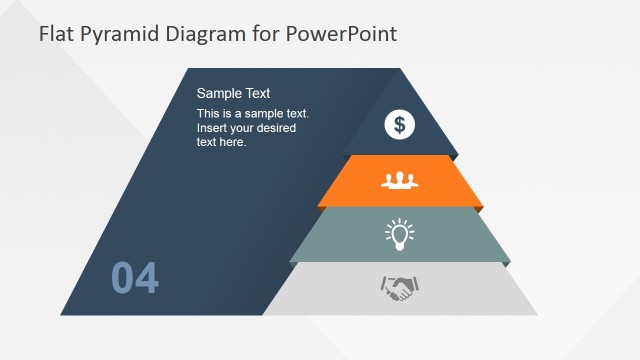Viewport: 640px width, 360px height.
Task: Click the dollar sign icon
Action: (x=400, y=125)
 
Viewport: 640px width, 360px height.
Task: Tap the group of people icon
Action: (x=400, y=181)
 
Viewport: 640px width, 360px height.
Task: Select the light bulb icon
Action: (x=400, y=235)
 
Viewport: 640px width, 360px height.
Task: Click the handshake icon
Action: (x=400, y=289)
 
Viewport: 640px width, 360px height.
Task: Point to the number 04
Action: (x=135, y=279)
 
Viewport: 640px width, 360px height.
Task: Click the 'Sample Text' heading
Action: (x=233, y=93)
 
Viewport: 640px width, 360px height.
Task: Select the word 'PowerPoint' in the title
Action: (x=341, y=34)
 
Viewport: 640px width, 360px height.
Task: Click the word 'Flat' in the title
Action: (x=57, y=34)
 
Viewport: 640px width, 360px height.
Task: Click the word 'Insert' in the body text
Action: (x=213, y=128)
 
